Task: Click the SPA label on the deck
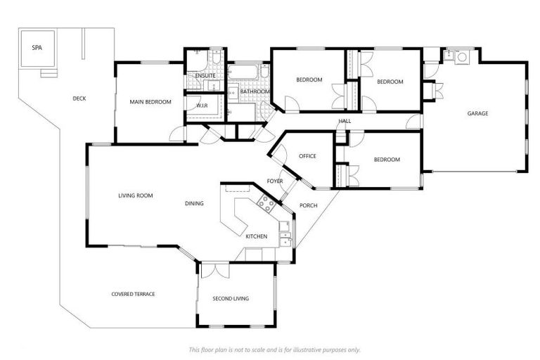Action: coord(36,48)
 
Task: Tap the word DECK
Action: coord(79,98)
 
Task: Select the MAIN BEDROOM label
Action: coord(150,102)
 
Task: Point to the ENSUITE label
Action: coord(205,75)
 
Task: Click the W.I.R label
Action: coord(202,105)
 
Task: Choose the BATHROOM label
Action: coord(255,91)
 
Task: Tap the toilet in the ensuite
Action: coord(217,55)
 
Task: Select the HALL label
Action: coord(345,121)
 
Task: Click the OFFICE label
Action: coord(307,156)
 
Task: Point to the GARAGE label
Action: coord(477,113)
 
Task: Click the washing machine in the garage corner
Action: coord(461,56)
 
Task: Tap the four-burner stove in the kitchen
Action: coord(266,203)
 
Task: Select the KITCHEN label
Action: coord(256,236)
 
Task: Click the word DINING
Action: coord(194,204)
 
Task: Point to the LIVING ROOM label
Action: coord(135,195)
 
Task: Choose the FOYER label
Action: coord(275,181)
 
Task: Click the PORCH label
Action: coord(308,205)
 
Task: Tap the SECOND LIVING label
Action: coord(231,299)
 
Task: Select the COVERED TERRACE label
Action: coord(133,294)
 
